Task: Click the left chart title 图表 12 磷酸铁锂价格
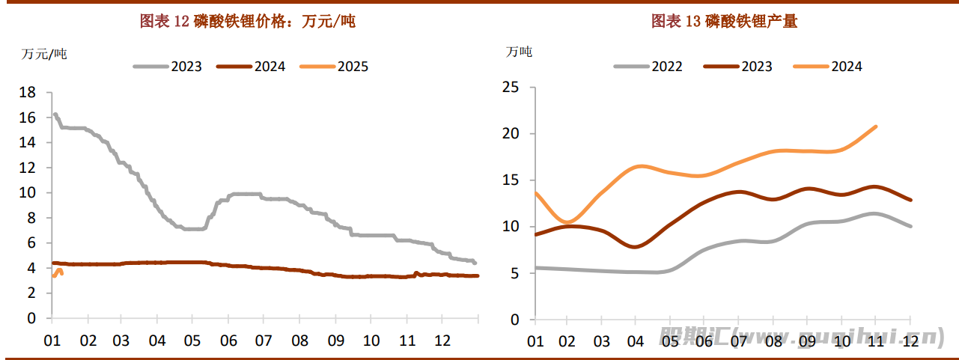pos(248,22)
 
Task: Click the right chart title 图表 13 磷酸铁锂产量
pos(725,22)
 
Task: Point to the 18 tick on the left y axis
pos(27,92)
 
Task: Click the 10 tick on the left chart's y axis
pos(27,192)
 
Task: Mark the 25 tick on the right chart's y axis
pos(511,88)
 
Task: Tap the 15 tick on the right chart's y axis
pos(511,180)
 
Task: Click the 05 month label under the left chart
pos(191,341)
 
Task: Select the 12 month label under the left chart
pos(442,341)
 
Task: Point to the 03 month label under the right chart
pos(601,341)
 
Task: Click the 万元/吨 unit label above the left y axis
pos(44,53)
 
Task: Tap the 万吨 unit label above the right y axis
pos(519,52)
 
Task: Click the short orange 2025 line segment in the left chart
pos(58,272)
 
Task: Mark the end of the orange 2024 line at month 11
pos(876,126)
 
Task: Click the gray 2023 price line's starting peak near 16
pos(55,115)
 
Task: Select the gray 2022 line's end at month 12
pos(910,226)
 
